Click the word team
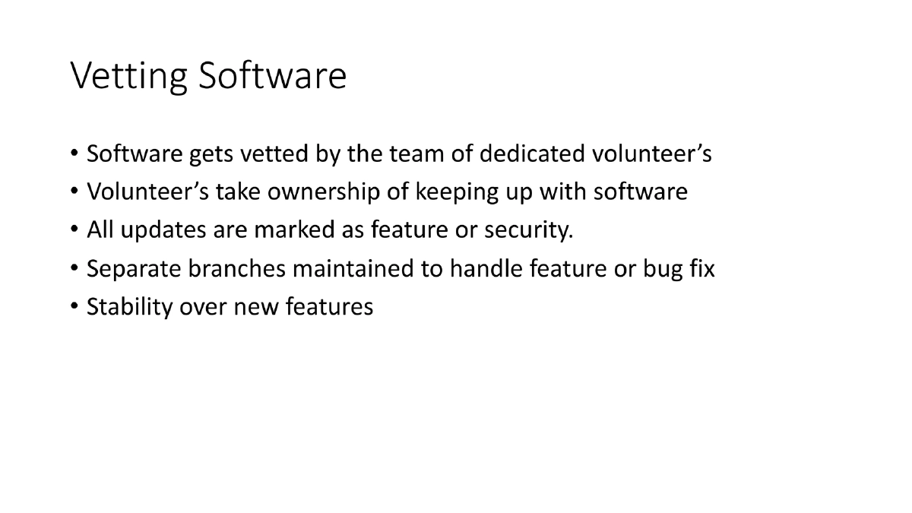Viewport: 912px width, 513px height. tap(411, 154)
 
